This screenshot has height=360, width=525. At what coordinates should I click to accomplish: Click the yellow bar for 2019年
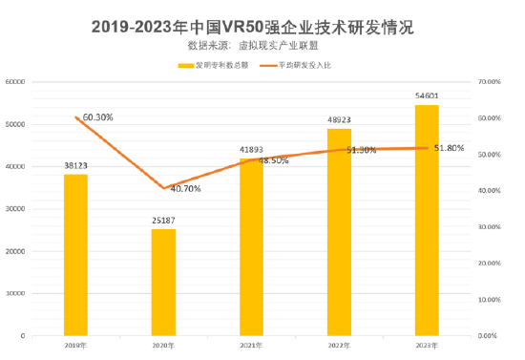tap(75, 255)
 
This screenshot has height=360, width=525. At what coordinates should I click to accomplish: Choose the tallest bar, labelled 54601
tap(427, 221)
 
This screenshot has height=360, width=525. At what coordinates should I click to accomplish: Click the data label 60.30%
tap(97, 117)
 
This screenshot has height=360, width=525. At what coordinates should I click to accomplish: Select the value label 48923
tap(339, 120)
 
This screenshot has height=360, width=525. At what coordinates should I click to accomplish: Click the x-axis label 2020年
tap(163, 345)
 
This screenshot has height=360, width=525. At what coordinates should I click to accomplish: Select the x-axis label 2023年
tap(427, 345)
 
